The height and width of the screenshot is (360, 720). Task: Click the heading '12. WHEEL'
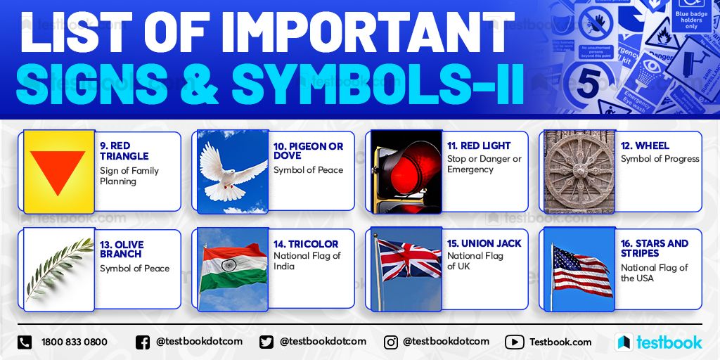pos(645,146)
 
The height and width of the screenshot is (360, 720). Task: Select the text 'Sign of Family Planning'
pos(129,176)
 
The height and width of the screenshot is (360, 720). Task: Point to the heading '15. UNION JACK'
pos(484,243)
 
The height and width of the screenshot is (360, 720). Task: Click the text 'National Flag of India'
pos(306,261)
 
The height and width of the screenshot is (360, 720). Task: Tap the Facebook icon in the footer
pos(142,342)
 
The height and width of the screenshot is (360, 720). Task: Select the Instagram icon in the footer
pos(390,342)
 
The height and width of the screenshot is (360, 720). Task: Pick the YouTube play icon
pos(514,342)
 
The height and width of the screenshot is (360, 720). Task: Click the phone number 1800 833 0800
pos(75,342)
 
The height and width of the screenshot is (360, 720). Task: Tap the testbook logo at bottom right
pos(658,342)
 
